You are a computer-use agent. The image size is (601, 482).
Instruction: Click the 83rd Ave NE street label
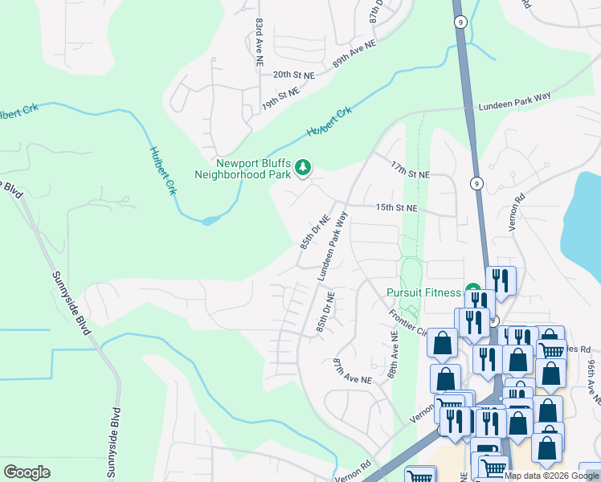pyautogui.click(x=259, y=36)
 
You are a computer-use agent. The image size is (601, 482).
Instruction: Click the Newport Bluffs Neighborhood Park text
pyautogui.click(x=242, y=167)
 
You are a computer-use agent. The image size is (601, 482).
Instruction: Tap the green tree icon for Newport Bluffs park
pyautogui.click(x=303, y=167)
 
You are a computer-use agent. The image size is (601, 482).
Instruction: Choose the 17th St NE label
pyautogui.click(x=411, y=174)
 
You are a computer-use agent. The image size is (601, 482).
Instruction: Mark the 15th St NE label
pyautogui.click(x=397, y=207)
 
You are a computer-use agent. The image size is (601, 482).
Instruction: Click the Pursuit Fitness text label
pyautogui.click(x=423, y=292)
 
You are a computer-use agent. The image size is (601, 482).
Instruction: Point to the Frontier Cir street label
pyautogui.click(x=406, y=322)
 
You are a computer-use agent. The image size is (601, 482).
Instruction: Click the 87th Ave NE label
pyautogui.click(x=353, y=370)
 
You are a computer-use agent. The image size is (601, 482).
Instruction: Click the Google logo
pyautogui.click(x=27, y=472)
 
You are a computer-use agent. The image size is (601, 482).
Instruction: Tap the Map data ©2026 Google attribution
pyautogui.click(x=551, y=476)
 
